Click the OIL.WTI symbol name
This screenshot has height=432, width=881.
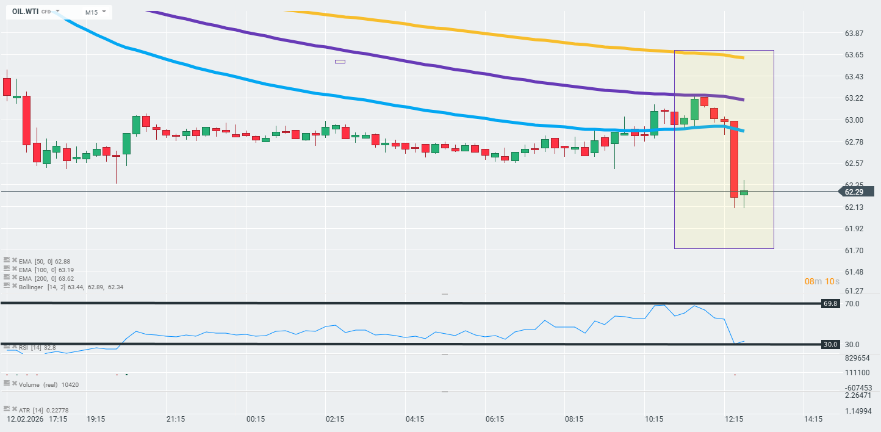click(25, 12)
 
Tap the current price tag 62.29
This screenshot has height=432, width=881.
click(857, 192)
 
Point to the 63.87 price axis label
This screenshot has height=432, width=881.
click(854, 33)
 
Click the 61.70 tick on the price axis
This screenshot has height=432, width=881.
click(854, 251)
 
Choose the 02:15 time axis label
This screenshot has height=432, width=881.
click(335, 419)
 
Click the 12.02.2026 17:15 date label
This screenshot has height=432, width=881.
click(37, 419)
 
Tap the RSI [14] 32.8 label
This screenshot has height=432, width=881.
click(37, 347)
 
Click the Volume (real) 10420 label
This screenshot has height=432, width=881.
click(49, 384)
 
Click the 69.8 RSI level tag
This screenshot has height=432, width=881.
click(830, 303)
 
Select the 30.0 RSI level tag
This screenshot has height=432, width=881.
click(830, 344)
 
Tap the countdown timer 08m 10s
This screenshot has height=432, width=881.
click(822, 281)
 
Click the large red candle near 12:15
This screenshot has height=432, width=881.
click(734, 159)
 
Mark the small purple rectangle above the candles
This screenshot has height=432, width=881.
click(340, 62)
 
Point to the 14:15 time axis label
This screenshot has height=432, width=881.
click(813, 419)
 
